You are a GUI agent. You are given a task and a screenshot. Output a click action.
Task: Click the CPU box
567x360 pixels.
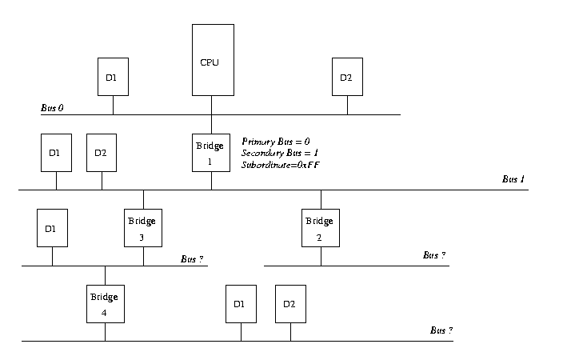click(212, 60)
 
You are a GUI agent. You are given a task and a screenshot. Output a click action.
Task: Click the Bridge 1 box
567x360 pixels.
click(211, 152)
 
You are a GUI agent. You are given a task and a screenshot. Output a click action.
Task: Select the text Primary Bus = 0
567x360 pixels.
click(275, 142)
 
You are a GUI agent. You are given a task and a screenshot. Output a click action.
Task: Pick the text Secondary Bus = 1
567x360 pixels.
click(279, 153)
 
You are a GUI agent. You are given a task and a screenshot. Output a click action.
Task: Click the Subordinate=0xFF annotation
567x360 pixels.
click(281, 164)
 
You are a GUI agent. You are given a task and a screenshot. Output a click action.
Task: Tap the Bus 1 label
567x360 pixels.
click(513, 180)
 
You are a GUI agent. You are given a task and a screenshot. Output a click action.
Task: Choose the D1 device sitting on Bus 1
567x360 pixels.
click(56, 153)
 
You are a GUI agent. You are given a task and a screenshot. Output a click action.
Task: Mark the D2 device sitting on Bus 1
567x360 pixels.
click(102, 153)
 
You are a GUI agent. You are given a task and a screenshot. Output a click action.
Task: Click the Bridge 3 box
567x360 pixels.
click(143, 228)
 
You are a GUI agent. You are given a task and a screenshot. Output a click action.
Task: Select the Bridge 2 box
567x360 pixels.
click(321, 228)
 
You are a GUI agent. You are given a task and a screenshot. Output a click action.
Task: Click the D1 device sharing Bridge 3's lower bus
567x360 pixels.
click(52, 228)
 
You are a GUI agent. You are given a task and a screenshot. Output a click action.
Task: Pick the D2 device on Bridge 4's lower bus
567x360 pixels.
click(290, 304)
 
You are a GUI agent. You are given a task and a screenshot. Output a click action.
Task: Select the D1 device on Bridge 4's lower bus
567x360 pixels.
click(241, 304)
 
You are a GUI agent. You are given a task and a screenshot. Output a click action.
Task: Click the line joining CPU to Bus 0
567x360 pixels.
click(212, 105)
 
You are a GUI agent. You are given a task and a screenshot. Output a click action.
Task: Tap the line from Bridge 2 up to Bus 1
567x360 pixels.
click(321, 199)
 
